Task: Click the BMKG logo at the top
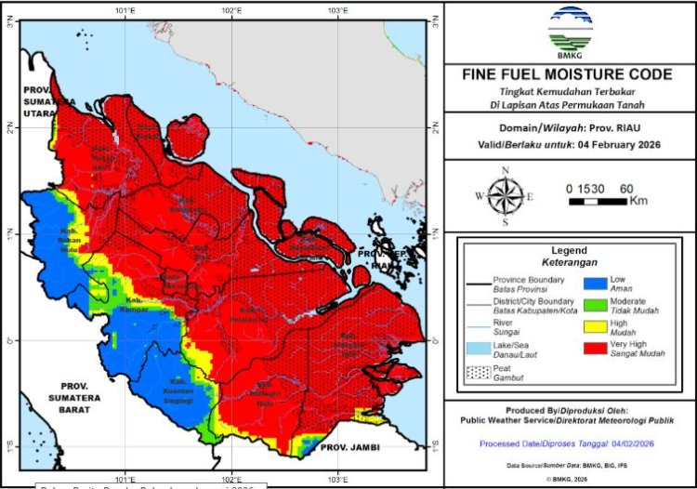(569, 31)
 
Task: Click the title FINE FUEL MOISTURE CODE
(569, 74)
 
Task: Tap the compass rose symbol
(505, 195)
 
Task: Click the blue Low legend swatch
(596, 284)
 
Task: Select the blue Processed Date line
(568, 444)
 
